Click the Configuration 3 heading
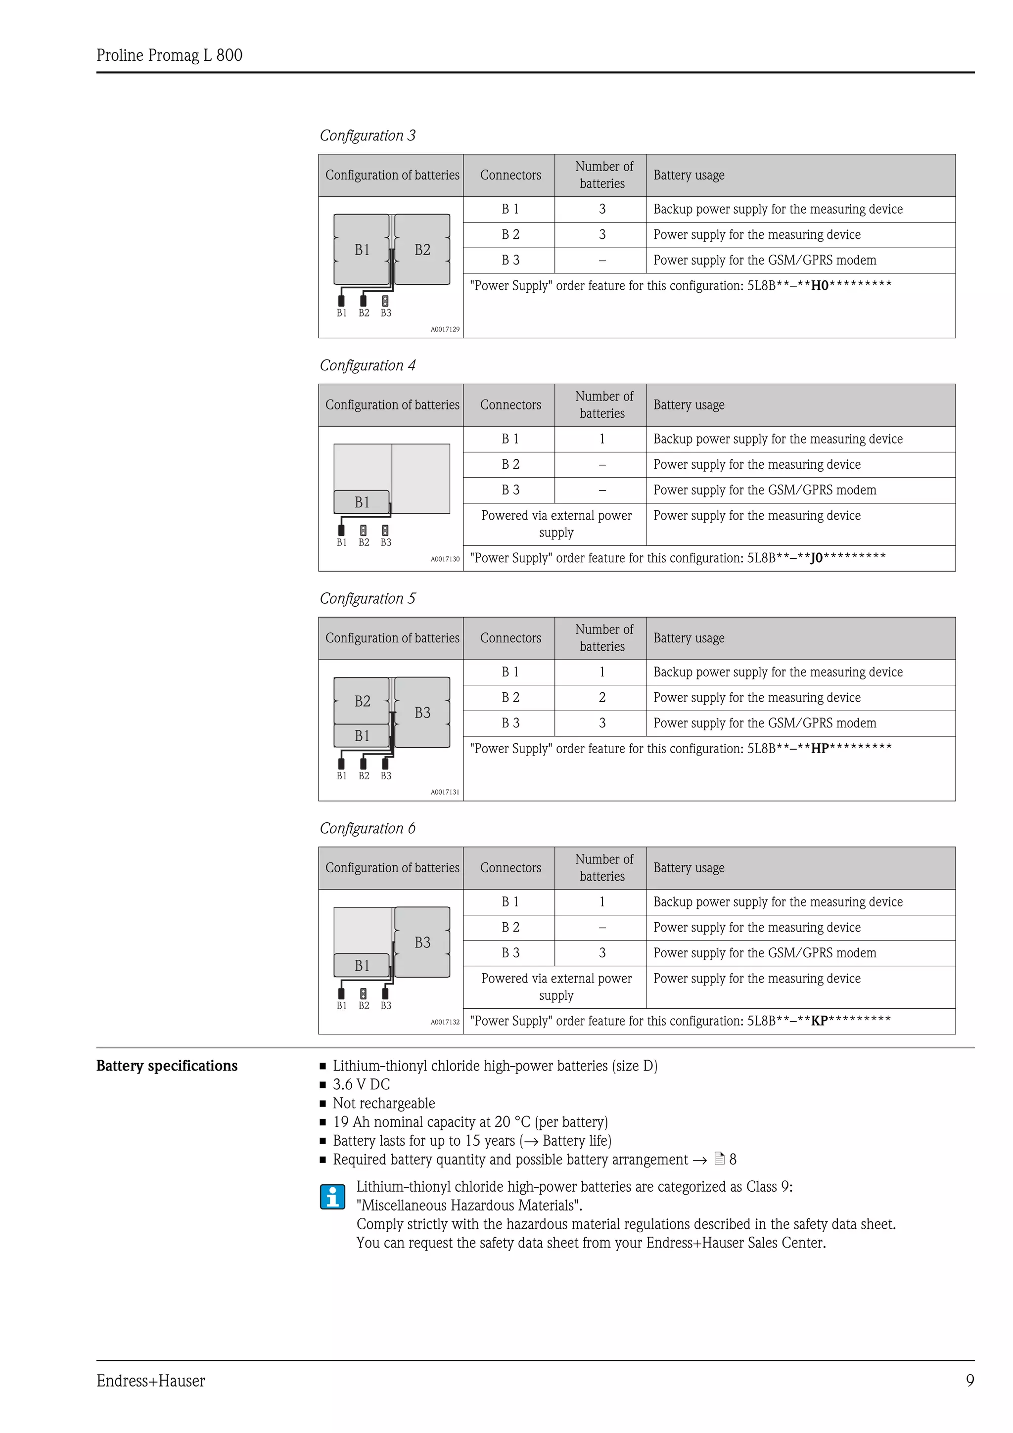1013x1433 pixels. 367,135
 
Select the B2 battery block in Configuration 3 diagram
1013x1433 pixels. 422,250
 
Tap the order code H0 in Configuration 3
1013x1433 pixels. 819,286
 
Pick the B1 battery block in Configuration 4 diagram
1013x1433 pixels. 362,502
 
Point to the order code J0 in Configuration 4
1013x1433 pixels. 817,558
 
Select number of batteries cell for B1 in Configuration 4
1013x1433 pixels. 601,440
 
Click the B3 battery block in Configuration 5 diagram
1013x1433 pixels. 422,712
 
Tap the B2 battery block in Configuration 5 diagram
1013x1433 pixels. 362,701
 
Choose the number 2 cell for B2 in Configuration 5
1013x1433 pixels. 601,698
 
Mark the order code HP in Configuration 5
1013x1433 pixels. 819,748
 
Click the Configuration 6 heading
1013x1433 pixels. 367,828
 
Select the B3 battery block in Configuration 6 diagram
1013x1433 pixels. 422,942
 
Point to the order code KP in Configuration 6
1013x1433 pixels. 819,1021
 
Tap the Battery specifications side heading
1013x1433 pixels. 167,1066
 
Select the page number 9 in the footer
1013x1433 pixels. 969,1381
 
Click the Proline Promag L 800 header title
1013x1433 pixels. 169,55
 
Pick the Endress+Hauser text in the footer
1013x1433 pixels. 150,1381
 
